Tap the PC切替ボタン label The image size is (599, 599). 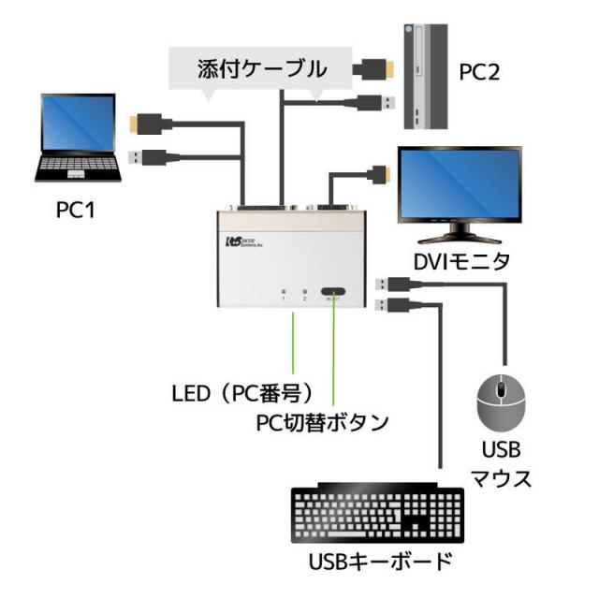pyautogui.click(x=323, y=422)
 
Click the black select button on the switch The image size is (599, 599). pyautogui.click(x=332, y=293)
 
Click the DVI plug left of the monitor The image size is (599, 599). pyautogui.click(x=379, y=173)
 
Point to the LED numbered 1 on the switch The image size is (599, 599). pyautogui.click(x=284, y=291)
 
